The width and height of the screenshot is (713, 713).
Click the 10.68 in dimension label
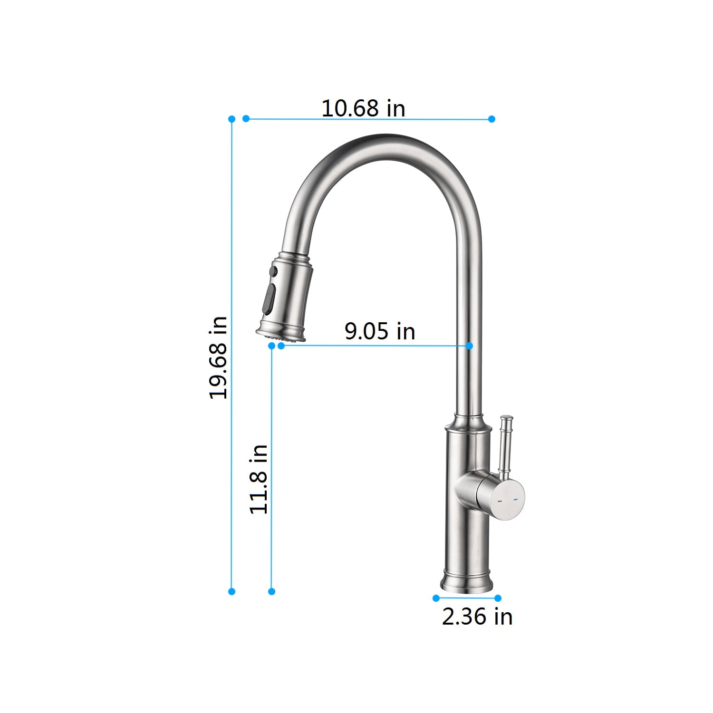tap(363, 108)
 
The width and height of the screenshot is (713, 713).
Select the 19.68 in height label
tap(219, 357)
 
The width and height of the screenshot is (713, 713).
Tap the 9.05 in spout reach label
tap(380, 331)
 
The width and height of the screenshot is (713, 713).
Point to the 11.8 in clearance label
tap(259, 479)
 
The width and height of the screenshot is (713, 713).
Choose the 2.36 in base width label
tap(477, 617)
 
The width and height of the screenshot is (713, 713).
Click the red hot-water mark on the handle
tap(499, 501)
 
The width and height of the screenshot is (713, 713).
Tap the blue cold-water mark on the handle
tap(515, 499)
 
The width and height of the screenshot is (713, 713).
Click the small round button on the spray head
tap(273, 271)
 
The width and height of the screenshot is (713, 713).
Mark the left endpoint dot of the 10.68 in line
tap(246, 118)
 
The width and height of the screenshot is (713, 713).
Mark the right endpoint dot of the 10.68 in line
tap(491, 119)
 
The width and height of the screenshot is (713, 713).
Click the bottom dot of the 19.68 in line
tap(231, 591)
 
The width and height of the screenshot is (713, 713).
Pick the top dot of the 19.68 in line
tap(231, 118)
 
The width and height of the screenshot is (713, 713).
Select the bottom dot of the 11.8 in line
tap(271, 591)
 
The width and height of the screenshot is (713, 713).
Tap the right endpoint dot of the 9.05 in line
tap(470, 346)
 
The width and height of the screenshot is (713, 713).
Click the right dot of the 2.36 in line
tap(498, 598)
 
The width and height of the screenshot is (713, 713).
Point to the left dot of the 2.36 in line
tap(435, 598)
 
